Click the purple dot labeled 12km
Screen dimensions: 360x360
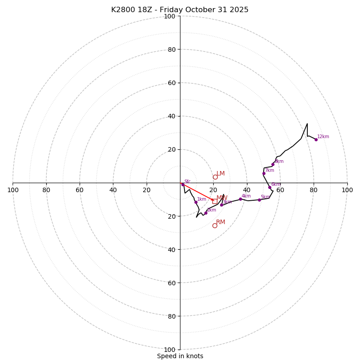pyautogui.click(x=316, y=139)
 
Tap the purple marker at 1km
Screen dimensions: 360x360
pyautogui.click(x=196, y=202)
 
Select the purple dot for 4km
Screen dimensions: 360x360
pyautogui.click(x=240, y=199)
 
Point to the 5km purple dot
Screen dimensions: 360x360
pyautogui.click(x=259, y=200)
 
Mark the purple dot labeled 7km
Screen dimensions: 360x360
pyautogui.click(x=264, y=173)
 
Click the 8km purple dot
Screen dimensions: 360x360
pyautogui.click(x=273, y=164)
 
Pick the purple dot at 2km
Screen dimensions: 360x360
pyautogui.click(x=206, y=213)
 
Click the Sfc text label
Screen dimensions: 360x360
pyautogui.click(x=187, y=182)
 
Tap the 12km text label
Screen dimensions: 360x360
pyautogui.click(x=323, y=137)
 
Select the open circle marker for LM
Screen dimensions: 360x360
pyautogui.click(x=215, y=177)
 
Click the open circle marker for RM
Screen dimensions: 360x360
pyautogui.click(x=215, y=225)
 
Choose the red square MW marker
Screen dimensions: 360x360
pyautogui.click(x=214, y=201)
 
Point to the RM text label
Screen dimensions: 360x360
pyautogui.click(x=220, y=222)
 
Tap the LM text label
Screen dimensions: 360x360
pyautogui.click(x=220, y=174)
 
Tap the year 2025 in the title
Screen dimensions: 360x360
pyautogui.click(x=239, y=10)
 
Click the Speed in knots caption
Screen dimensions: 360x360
pyautogui.click(x=180, y=356)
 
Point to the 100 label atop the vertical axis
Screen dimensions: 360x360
pyautogui.click(x=169, y=17)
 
